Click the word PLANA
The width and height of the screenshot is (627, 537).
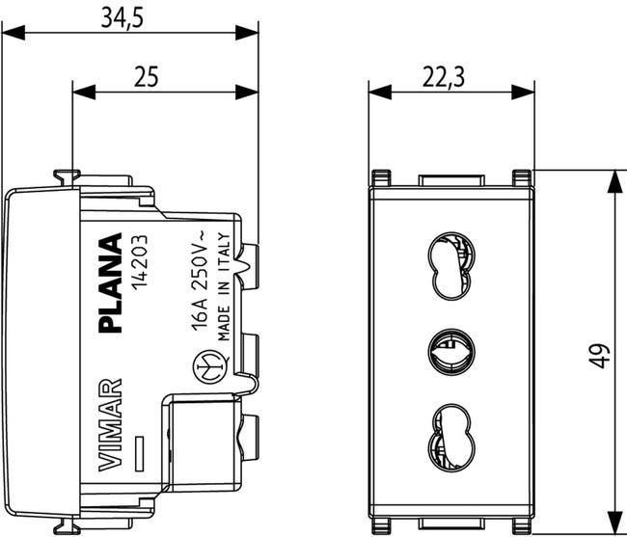pos(112,282)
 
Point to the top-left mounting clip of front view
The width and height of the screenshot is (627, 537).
pos(381,178)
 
